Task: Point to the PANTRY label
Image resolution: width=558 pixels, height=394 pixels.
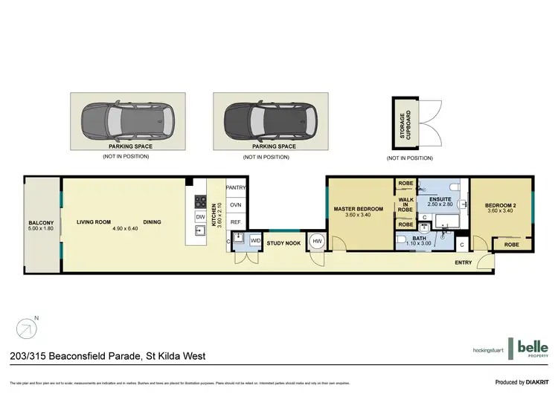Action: [236, 188]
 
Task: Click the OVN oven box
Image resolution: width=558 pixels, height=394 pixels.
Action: [236, 205]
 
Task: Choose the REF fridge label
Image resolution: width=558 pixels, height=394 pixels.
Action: [236, 222]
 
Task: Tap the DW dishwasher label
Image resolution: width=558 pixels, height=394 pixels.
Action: [200, 216]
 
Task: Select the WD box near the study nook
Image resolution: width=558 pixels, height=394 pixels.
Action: [254, 240]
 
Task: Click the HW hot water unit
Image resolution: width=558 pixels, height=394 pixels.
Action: [316, 241]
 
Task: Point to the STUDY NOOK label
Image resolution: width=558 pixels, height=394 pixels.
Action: [284, 242]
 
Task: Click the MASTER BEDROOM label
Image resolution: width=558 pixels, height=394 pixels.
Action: [358, 209]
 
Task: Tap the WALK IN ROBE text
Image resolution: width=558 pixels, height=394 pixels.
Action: [405, 204]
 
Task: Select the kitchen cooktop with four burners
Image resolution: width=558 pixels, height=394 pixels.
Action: [200, 201]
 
